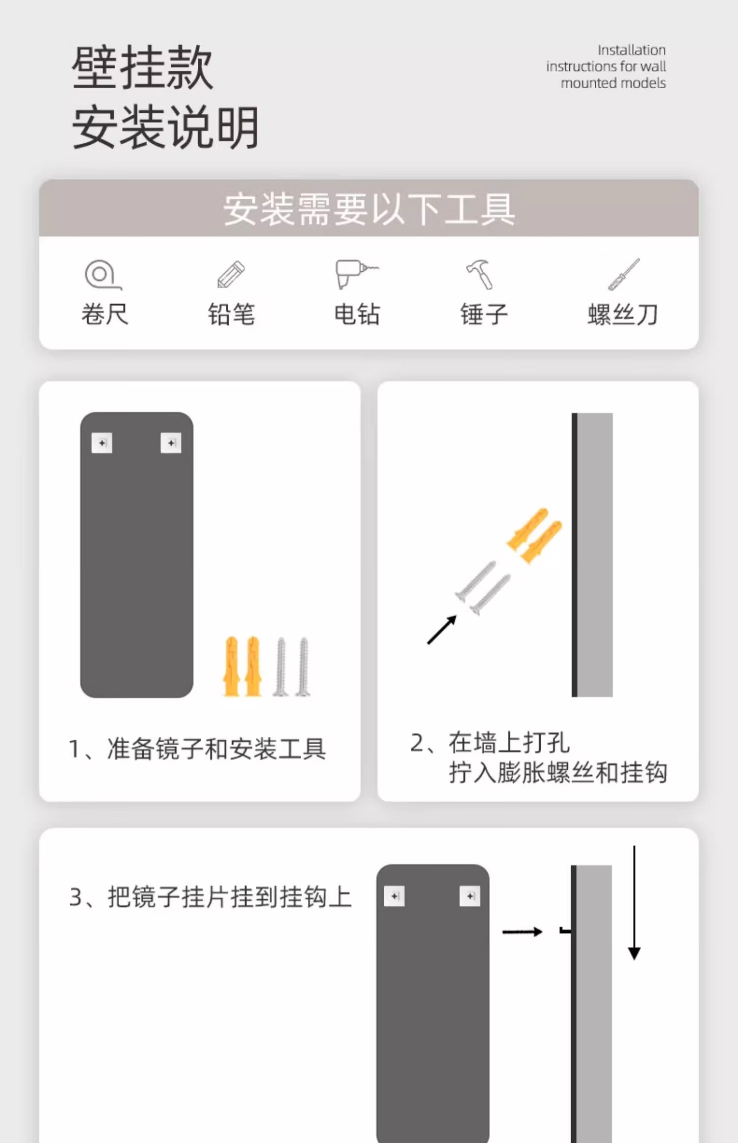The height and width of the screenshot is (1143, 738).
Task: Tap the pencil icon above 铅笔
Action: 231,274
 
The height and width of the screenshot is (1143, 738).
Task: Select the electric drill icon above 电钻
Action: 355,273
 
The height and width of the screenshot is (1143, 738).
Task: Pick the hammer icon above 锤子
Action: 480,274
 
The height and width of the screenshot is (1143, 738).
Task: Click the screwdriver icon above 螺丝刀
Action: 623,274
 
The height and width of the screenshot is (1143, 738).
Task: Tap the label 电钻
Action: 357,315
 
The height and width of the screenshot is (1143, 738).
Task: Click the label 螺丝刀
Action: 623,315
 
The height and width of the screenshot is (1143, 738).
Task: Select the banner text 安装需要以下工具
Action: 369,209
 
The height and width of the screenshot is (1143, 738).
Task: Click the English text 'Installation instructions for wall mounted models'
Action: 606,66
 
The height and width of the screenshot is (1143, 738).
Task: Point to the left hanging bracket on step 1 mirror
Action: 102,443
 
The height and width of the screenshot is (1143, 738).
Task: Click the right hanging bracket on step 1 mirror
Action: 171,443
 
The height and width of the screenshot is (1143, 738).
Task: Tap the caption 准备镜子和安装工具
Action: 216,749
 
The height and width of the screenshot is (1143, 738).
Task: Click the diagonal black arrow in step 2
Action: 442,630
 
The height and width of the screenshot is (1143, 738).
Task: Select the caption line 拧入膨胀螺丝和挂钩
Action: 558,772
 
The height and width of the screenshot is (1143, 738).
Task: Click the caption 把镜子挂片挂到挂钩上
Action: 230,897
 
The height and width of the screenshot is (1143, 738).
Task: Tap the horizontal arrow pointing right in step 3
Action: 523,931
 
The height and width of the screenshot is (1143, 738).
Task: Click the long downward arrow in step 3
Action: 634,902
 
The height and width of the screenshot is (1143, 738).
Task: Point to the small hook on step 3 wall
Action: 566,930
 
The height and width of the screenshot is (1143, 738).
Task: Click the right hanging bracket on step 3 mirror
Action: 470,896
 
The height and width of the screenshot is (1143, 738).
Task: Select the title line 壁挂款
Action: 143,67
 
